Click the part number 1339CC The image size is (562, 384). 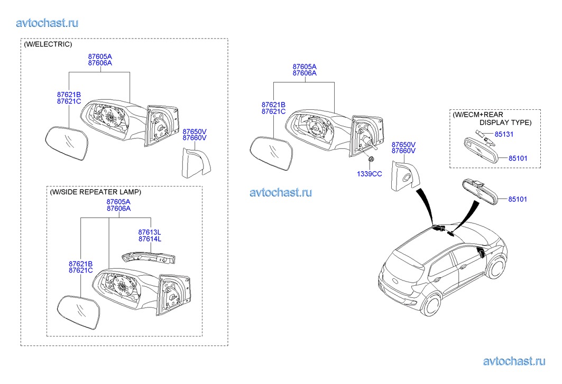click(x=369, y=173)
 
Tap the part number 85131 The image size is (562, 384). click(x=503, y=134)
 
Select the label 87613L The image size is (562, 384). click(x=150, y=232)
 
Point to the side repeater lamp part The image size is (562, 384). click(x=148, y=257)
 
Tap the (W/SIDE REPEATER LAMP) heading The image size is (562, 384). click(x=96, y=192)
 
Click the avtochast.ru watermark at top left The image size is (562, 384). click(x=48, y=23)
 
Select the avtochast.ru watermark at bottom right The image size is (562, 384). click(x=514, y=361)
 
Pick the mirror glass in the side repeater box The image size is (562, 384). click(x=79, y=313)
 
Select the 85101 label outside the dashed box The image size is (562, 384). click(x=518, y=199)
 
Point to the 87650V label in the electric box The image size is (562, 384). click(x=195, y=131)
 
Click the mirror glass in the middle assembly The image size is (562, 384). click(x=271, y=153)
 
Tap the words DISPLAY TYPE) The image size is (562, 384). click(x=505, y=122)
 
